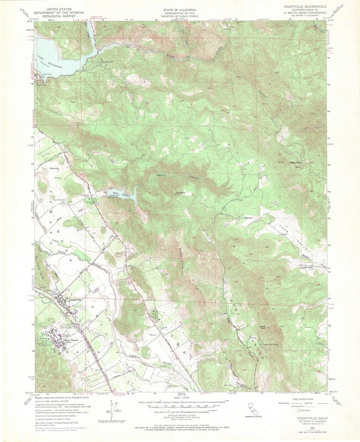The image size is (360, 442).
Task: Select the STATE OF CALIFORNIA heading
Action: tap(180, 10)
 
